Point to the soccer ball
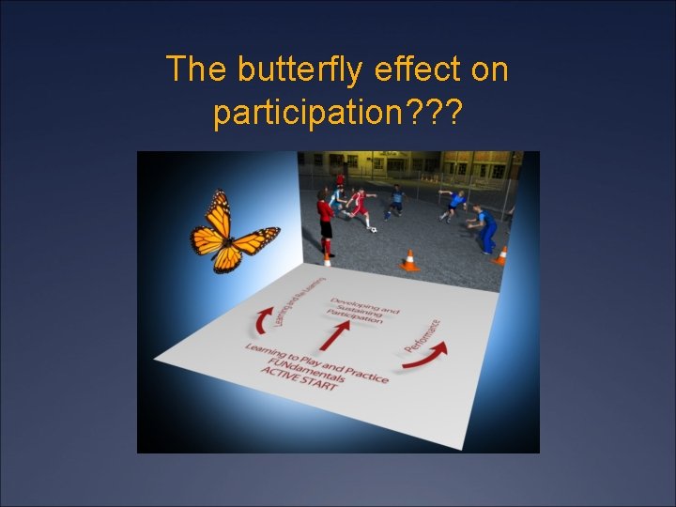click(373, 228)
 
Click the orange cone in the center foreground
click(409, 261)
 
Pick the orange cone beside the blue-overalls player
click(502, 255)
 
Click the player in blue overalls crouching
click(484, 227)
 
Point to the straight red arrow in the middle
click(335, 334)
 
